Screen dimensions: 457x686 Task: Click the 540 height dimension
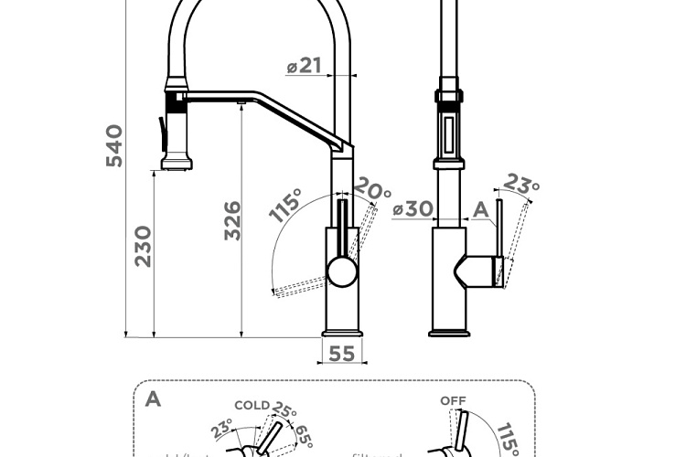point(113,145)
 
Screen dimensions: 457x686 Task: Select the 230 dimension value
point(144,245)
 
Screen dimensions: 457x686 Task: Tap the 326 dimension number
point(233,220)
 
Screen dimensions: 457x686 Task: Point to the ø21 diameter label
point(304,66)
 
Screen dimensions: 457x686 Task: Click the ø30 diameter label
point(413,208)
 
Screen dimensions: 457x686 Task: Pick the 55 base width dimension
point(342,354)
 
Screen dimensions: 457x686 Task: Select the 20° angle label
point(372,191)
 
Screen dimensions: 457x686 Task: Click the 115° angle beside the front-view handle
point(286,207)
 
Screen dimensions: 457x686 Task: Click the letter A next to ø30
point(480,209)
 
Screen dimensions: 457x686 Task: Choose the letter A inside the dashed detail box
point(153,399)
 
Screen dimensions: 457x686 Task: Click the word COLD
point(252,405)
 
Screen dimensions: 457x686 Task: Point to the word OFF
point(453,400)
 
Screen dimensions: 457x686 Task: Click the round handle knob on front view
point(341,271)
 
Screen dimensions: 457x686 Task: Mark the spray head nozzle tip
point(177,165)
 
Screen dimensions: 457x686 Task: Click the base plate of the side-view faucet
point(449,333)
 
